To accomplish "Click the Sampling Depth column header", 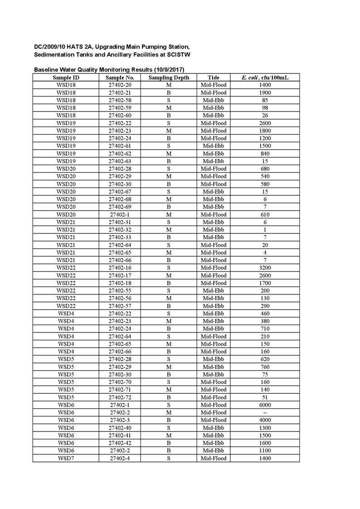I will point(169,78).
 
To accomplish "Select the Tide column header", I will point(213,78).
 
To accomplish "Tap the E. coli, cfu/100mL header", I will point(265,78).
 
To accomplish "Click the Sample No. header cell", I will point(120,78).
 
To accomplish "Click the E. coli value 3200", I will point(265,268).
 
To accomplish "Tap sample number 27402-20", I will point(120,85).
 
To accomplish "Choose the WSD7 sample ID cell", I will point(66,458).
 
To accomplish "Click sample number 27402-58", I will point(120,101).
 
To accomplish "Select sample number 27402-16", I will point(120,268).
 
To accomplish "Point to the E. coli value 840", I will point(265,154).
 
